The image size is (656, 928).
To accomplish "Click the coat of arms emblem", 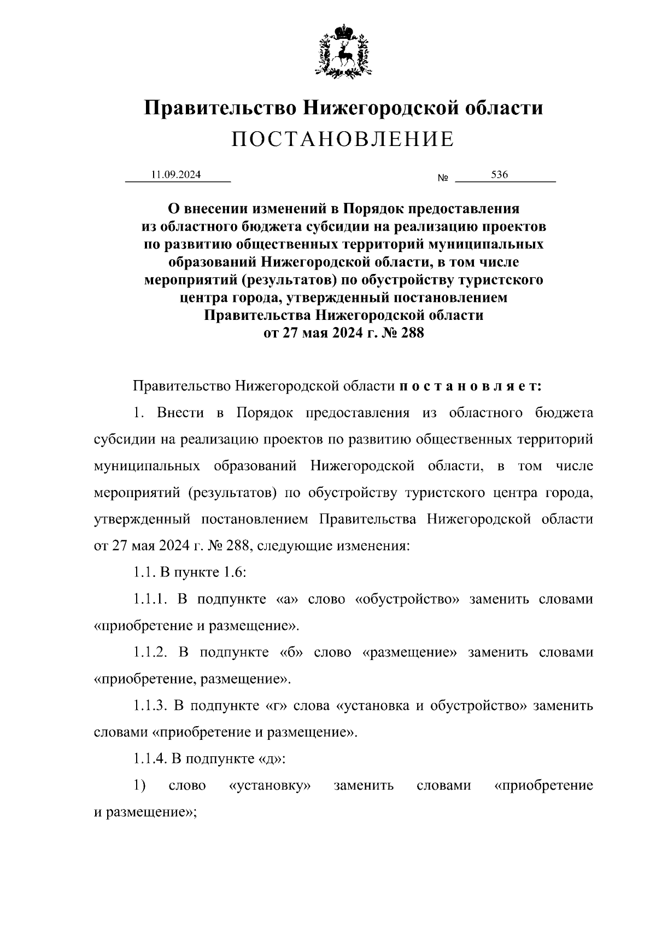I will pos(343,50).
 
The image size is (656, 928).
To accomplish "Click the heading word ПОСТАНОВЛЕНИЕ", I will pos(343,140).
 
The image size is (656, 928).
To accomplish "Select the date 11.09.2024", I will pos(176,175).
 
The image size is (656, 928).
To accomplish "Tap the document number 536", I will pos(499,175).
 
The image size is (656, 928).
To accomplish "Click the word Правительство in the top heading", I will pos(220,108).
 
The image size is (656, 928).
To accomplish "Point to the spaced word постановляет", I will pos(470,386).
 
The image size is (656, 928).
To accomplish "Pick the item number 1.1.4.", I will pos(150,758).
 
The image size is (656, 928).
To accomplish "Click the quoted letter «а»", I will pos(286,599).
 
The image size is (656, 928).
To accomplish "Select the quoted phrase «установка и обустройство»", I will pos(431,705).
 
